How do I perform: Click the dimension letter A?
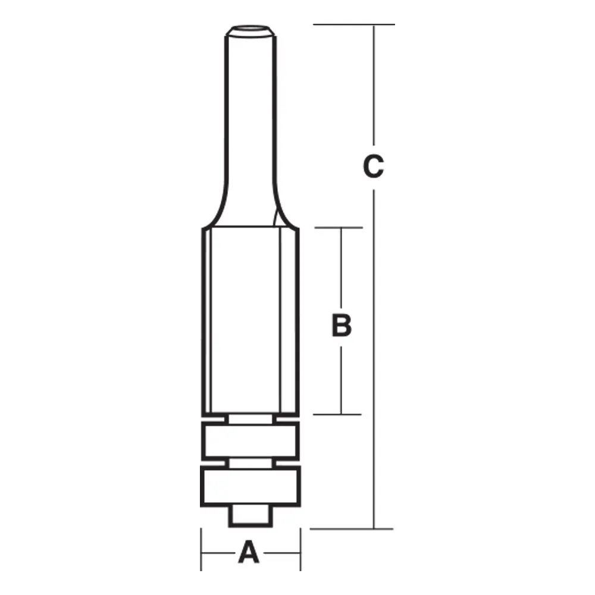(249, 552)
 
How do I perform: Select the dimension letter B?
(341, 325)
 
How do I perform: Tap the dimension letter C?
(374, 167)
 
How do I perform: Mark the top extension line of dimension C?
(354, 24)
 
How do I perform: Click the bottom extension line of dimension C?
(351, 528)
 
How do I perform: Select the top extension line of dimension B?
(338, 227)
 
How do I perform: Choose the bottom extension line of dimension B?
(338, 414)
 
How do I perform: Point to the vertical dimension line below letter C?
(374, 357)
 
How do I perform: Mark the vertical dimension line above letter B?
(341, 268)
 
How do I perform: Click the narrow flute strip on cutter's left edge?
(206, 321)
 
